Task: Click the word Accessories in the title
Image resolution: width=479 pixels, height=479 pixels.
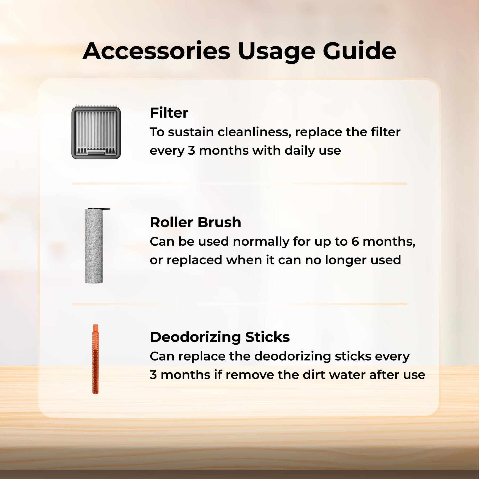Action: point(156,51)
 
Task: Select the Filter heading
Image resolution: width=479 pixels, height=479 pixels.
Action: point(169,113)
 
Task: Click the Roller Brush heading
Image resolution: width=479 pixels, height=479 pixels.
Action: point(196,222)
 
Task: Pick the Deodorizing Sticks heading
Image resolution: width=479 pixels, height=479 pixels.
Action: point(220,337)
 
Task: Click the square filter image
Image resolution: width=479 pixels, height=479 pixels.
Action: point(96,132)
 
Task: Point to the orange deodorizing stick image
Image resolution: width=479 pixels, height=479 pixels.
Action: point(95,359)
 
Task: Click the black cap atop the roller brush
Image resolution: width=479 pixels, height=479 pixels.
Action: point(99,209)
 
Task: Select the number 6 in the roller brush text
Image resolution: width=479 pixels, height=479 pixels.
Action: point(355,242)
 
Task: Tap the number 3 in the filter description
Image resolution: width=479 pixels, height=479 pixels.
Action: point(192,151)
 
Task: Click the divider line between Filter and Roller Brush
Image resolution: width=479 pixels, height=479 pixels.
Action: point(240,184)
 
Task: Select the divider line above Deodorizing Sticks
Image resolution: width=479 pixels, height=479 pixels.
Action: point(240,304)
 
